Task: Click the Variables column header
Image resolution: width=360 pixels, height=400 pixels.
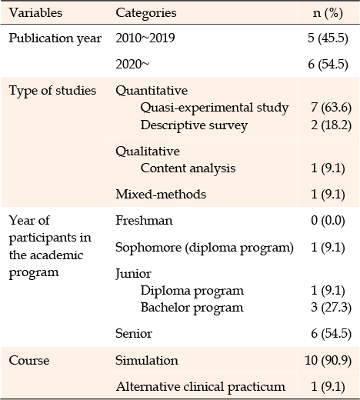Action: point(35,12)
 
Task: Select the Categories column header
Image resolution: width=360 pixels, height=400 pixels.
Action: point(146,13)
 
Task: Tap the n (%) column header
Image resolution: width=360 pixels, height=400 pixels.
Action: point(328,13)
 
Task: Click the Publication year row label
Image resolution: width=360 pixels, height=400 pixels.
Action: point(55,38)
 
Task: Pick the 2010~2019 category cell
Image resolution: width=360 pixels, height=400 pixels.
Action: point(145,38)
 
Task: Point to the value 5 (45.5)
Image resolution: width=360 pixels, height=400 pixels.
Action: point(328,38)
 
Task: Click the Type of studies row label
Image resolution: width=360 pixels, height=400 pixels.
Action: point(52,91)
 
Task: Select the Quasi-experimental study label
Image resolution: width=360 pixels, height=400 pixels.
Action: point(215,108)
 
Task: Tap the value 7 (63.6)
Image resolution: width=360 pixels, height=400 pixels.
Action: point(331,108)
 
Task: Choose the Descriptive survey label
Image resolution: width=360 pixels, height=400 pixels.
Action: point(194,125)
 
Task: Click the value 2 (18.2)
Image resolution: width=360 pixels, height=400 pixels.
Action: point(331,125)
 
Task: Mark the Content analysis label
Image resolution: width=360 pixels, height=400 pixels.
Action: point(188,168)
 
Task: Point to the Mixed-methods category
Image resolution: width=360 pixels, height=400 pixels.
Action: point(161,194)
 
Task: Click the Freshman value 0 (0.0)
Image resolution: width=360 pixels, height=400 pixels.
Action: point(328,220)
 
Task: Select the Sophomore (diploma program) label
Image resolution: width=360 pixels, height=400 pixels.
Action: point(205,248)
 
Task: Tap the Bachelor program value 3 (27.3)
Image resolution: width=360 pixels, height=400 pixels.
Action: point(331,307)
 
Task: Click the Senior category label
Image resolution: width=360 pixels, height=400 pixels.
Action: point(134,333)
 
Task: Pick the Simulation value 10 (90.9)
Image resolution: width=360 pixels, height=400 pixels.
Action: point(328,360)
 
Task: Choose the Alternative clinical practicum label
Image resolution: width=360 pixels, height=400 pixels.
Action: point(200,387)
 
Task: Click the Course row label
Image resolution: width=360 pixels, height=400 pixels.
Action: point(29,360)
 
